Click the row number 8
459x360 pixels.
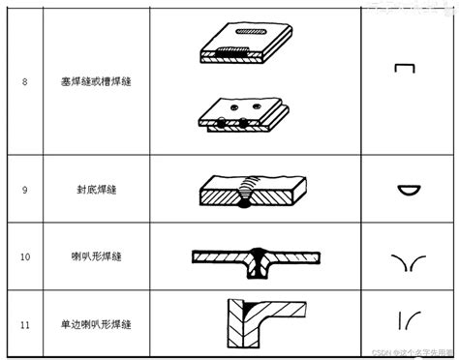pos(24,80)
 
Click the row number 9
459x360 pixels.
pos(24,191)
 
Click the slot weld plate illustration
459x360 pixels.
pos(241,45)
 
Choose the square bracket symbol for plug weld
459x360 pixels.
pos(405,70)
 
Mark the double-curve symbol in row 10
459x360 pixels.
pos(407,259)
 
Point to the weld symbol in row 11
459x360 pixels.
pos(406,319)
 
